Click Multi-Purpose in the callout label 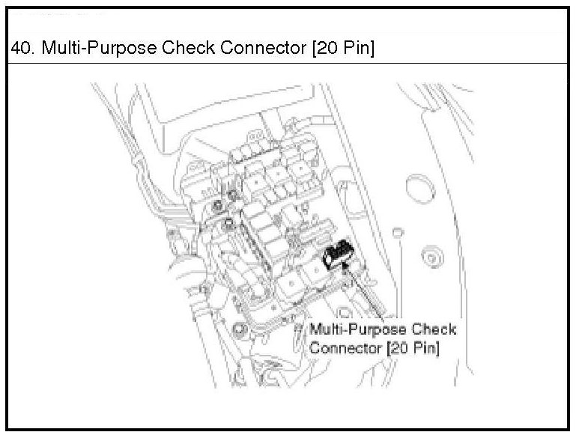coord(357,330)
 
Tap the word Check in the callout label coord(434,330)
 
